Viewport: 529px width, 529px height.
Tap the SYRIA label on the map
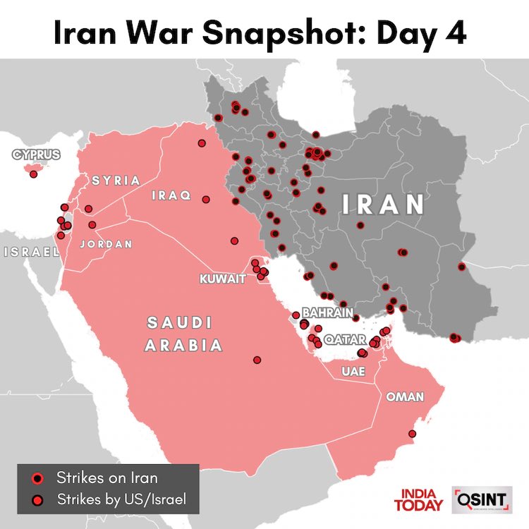(x=116, y=181)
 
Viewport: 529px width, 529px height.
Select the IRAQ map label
(x=171, y=196)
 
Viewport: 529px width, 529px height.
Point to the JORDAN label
(x=107, y=244)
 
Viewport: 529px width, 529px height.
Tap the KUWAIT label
(x=224, y=279)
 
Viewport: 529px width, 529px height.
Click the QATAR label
(x=346, y=339)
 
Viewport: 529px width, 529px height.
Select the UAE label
(x=353, y=371)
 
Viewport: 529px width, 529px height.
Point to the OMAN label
(x=404, y=397)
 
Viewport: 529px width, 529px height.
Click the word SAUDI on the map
(x=179, y=323)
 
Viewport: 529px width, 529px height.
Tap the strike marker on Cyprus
(x=33, y=174)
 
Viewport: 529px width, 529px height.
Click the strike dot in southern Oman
(x=413, y=434)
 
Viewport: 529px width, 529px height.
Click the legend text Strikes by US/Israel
(x=122, y=500)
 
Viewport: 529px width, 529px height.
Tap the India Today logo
(x=421, y=499)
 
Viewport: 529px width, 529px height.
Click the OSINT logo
(x=482, y=499)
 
